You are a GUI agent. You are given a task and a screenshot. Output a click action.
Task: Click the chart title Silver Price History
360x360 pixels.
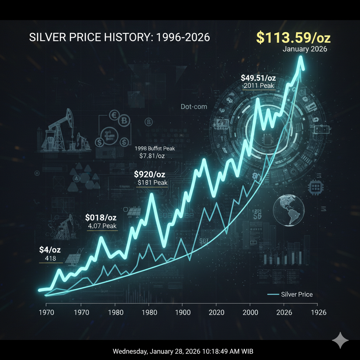(120, 38)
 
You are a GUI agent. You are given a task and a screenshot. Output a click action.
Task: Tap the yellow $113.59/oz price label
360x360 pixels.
(293, 38)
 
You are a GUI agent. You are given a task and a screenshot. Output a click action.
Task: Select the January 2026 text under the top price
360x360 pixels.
(304, 49)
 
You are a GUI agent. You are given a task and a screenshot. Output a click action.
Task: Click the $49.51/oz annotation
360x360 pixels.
(258, 78)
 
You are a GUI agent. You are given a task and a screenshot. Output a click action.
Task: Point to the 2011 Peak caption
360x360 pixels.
(258, 86)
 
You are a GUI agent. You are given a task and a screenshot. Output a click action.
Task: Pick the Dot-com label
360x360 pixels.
(194, 107)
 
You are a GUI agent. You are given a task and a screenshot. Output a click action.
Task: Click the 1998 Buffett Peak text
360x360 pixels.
(155, 148)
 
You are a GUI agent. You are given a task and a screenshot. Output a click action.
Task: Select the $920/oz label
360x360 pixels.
(150, 174)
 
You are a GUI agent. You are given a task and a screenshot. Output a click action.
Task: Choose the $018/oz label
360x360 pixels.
(101, 218)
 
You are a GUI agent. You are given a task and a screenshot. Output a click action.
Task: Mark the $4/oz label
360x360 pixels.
(50, 250)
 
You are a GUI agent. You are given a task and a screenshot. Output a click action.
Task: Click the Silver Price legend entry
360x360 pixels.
(297, 295)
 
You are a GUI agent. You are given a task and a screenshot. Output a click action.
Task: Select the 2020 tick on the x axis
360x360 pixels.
(216, 312)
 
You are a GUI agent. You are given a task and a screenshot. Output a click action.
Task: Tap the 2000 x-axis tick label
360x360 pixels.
(250, 312)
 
